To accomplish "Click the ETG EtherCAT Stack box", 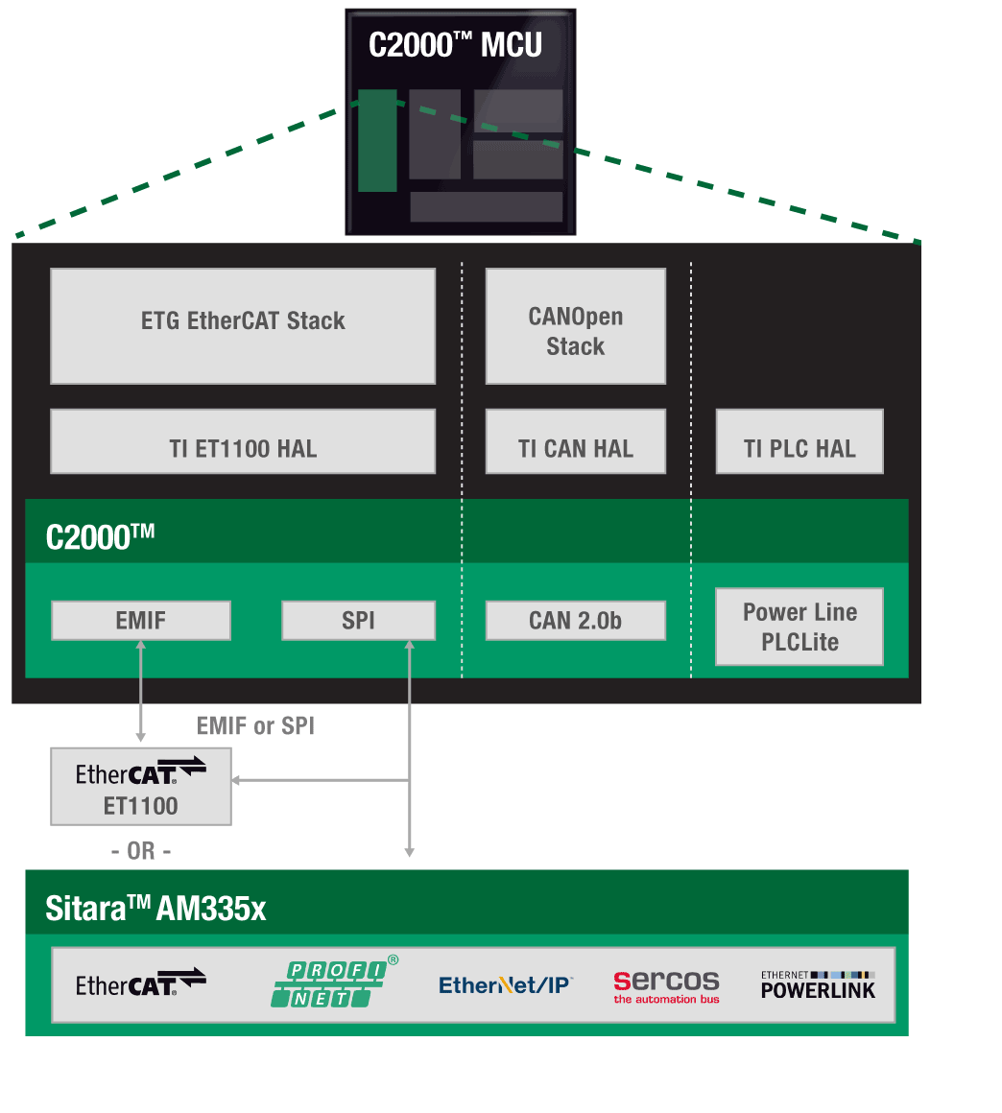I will (x=243, y=325).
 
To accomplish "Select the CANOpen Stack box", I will (x=575, y=326).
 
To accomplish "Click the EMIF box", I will (x=141, y=621).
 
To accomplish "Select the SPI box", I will (x=358, y=621).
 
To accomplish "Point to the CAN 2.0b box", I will (x=575, y=621).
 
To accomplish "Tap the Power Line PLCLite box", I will (x=799, y=627).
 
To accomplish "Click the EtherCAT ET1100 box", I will (x=141, y=788).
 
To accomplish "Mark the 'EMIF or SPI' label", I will (x=255, y=726).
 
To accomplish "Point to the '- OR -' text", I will (x=141, y=851).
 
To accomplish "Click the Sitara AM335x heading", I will (x=155, y=908).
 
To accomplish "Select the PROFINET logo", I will (x=330, y=983).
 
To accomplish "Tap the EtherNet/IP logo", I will (x=505, y=985).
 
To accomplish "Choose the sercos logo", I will (x=666, y=985).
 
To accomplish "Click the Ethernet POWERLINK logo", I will (x=818, y=985).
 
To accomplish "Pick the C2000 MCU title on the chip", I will (x=455, y=45).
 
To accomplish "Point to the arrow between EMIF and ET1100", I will (x=141, y=691).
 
